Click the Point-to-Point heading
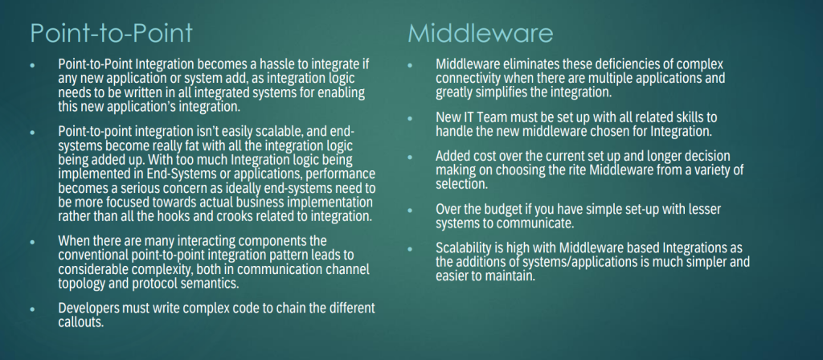pyautogui.click(x=111, y=34)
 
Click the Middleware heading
pyautogui.click(x=481, y=34)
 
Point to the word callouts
pyautogui.click(x=80, y=322)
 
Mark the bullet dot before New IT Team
pyautogui.click(x=410, y=118)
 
